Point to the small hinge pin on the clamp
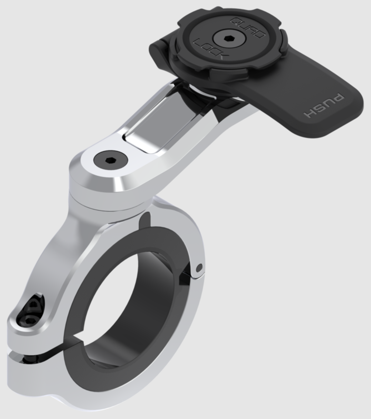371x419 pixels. (200, 267)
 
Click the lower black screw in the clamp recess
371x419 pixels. (30, 320)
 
